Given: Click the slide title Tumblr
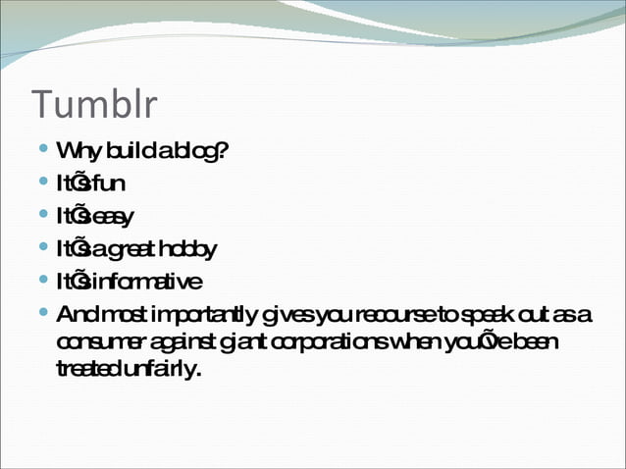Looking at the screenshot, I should pyautogui.click(x=94, y=106).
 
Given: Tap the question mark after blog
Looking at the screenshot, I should pyautogui.click(x=224, y=152).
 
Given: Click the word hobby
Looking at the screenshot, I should pyautogui.click(x=193, y=249).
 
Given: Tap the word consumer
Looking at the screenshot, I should pyautogui.click(x=100, y=342).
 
